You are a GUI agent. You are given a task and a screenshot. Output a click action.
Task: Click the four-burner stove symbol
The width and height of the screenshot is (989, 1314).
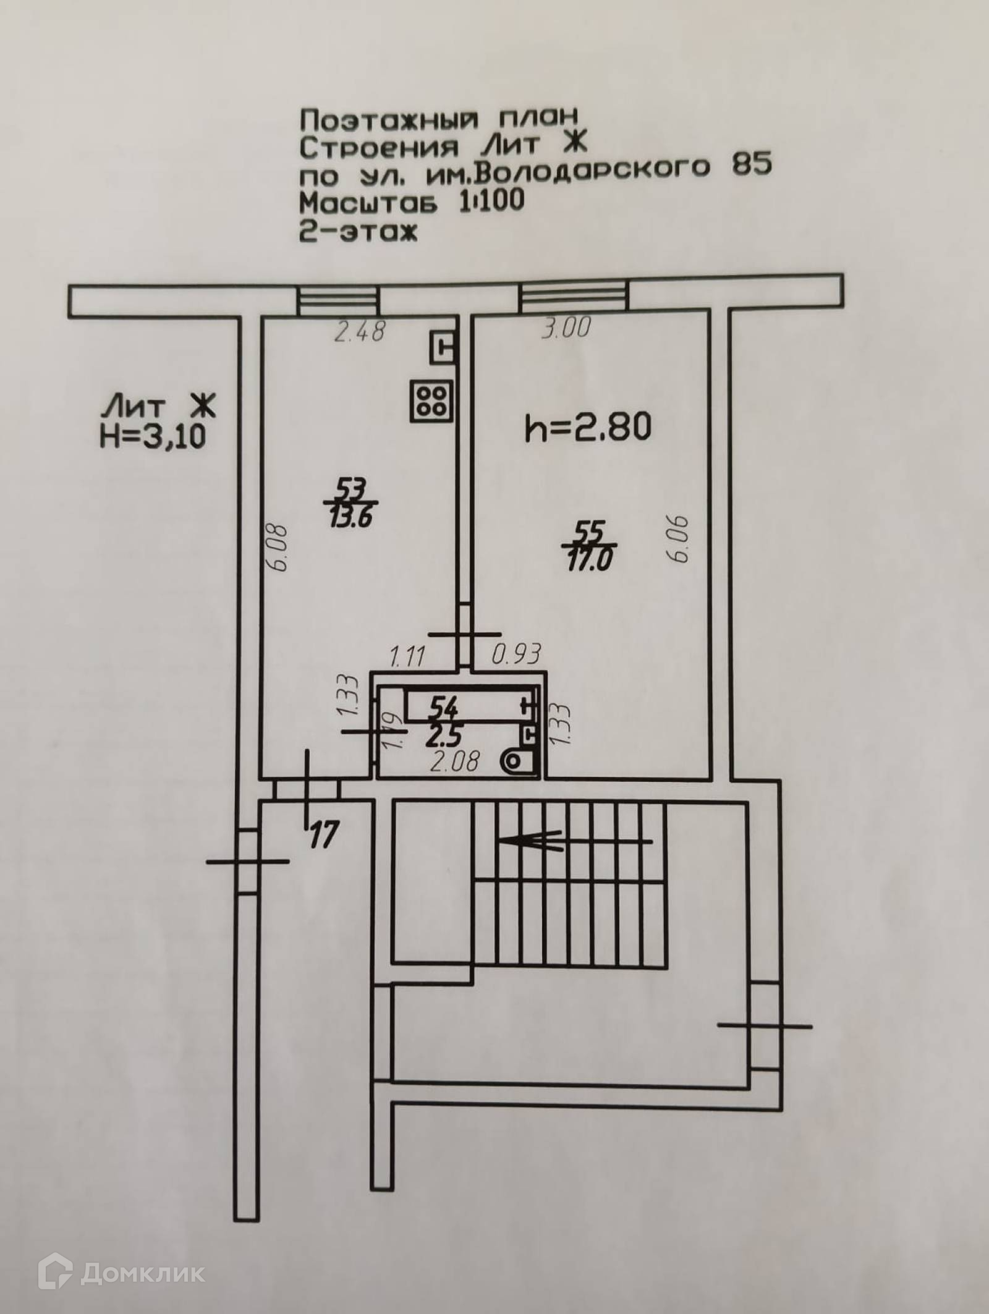click(x=430, y=399)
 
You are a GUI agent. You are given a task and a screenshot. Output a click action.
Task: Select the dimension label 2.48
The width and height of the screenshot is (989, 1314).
click(x=360, y=333)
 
